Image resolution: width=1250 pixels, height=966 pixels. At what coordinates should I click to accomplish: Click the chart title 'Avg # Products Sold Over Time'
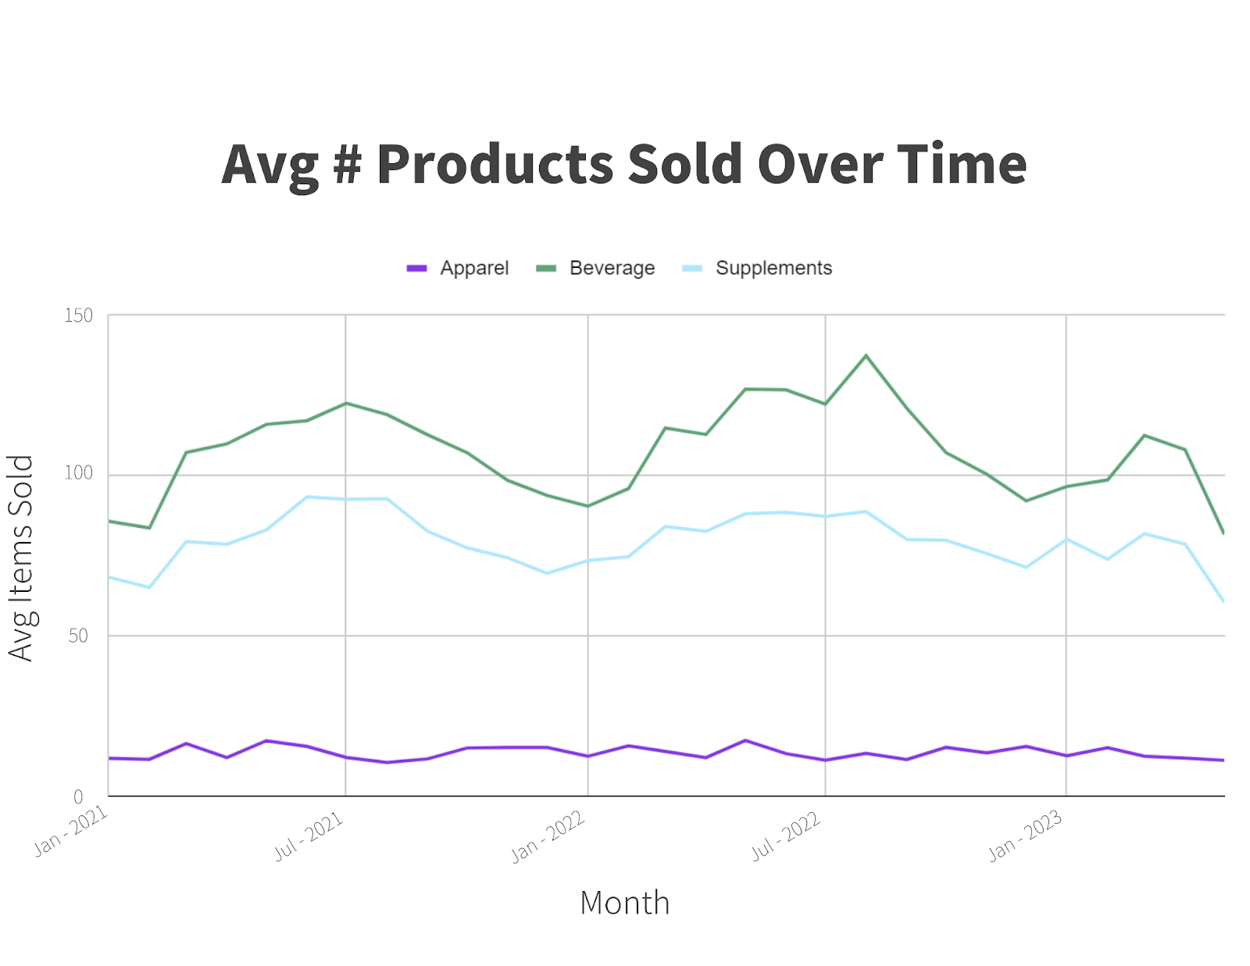(x=623, y=164)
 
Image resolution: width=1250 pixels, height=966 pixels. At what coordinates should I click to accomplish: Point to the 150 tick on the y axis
(x=78, y=315)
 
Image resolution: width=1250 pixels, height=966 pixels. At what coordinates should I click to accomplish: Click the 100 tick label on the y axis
(x=78, y=473)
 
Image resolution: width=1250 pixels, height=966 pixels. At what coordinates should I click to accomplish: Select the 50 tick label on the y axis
(x=78, y=636)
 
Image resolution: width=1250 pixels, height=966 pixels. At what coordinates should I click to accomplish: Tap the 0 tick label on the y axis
(x=78, y=797)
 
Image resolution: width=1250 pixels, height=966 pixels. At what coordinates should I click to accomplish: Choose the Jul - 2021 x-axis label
(x=309, y=836)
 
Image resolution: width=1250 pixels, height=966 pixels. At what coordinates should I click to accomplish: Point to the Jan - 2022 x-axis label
(x=548, y=836)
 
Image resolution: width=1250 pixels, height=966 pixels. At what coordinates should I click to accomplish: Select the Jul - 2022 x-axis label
(x=786, y=836)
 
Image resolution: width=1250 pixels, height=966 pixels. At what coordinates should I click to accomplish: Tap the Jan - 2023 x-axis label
(x=1025, y=836)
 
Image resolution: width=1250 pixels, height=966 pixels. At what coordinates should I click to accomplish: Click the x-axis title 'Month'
(x=624, y=903)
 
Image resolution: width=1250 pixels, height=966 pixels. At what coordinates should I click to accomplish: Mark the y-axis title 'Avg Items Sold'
(x=21, y=558)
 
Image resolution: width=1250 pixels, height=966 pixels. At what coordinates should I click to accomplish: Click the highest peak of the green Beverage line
(x=866, y=356)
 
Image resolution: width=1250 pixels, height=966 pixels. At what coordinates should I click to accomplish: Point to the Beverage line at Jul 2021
(x=346, y=404)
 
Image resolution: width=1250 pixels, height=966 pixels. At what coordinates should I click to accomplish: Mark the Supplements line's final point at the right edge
(x=1223, y=601)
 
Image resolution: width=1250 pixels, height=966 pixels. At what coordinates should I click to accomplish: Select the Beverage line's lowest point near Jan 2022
(x=587, y=506)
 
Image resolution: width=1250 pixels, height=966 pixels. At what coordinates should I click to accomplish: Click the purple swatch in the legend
(x=416, y=268)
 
